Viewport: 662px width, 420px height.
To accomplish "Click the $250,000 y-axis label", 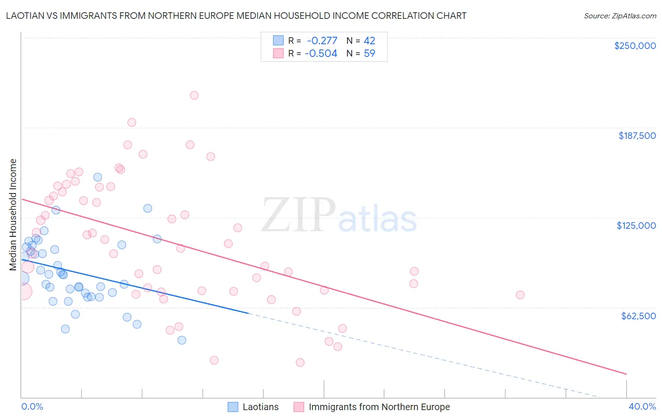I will coord(635,46).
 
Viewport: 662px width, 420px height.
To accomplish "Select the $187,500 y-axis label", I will coord(637,136).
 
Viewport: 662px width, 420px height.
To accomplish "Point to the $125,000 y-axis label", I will coord(636,226).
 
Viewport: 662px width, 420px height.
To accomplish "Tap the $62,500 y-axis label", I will coord(638,315).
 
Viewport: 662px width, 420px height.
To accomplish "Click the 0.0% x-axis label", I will coord(32,406).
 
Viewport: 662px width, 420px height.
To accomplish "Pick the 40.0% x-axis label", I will coord(642,406).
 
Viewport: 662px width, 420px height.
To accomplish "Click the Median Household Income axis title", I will coord(13,215).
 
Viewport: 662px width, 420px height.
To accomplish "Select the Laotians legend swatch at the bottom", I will coord(233,407).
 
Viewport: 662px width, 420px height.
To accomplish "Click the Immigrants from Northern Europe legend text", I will coord(379,407).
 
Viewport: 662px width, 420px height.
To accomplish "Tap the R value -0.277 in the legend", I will coord(322,40).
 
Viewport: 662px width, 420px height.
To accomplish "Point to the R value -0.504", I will coord(321,53).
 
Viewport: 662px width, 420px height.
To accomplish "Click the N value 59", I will coord(370,53).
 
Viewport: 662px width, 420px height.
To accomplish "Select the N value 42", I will coord(370,40).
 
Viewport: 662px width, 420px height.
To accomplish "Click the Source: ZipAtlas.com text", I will coord(620,16).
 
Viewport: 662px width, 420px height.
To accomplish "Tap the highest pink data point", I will coord(194,95).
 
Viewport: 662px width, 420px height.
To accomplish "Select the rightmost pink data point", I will coord(520,295).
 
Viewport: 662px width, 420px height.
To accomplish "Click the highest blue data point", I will coord(97,177).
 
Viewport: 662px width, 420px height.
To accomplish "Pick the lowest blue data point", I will coord(182,340).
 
